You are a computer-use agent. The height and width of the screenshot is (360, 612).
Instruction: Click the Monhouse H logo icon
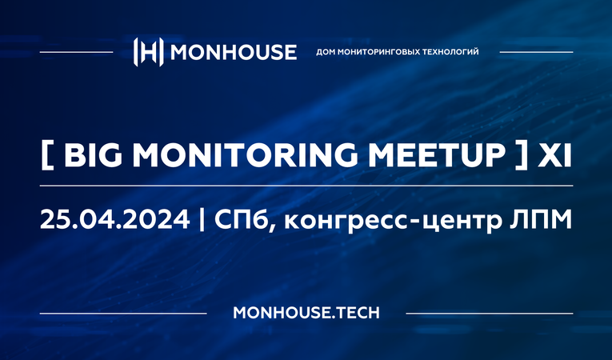pyautogui.click(x=150, y=51)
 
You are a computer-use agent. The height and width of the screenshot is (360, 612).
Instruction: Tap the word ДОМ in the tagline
pyautogui.click(x=328, y=52)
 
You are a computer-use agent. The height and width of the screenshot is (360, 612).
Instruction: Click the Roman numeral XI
pyautogui.click(x=554, y=155)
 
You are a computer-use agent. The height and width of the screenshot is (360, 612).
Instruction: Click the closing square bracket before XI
pyautogui.click(x=520, y=156)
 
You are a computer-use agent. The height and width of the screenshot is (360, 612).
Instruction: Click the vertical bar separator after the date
pyautogui.click(x=200, y=219)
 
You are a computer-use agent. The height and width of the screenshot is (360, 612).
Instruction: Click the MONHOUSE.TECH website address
pyautogui.click(x=306, y=312)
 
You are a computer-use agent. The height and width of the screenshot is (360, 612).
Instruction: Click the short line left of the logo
pyautogui.click(x=76, y=52)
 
